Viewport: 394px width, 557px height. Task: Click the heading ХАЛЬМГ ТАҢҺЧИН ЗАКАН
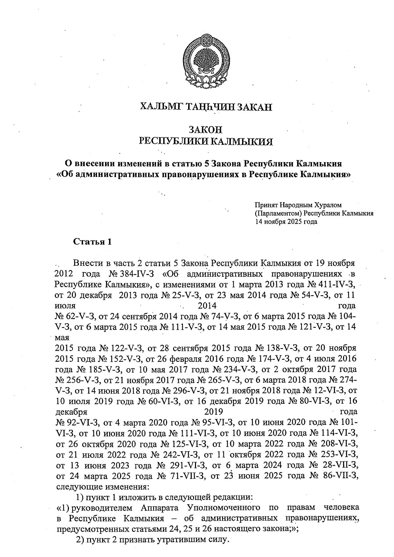pyautogui.click(x=206, y=107)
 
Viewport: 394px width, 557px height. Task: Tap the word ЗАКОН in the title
pyautogui.click(x=206, y=129)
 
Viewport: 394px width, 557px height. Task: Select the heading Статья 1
pyautogui.click(x=92, y=242)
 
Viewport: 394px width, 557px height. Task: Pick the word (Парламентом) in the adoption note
pyautogui.click(x=278, y=214)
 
